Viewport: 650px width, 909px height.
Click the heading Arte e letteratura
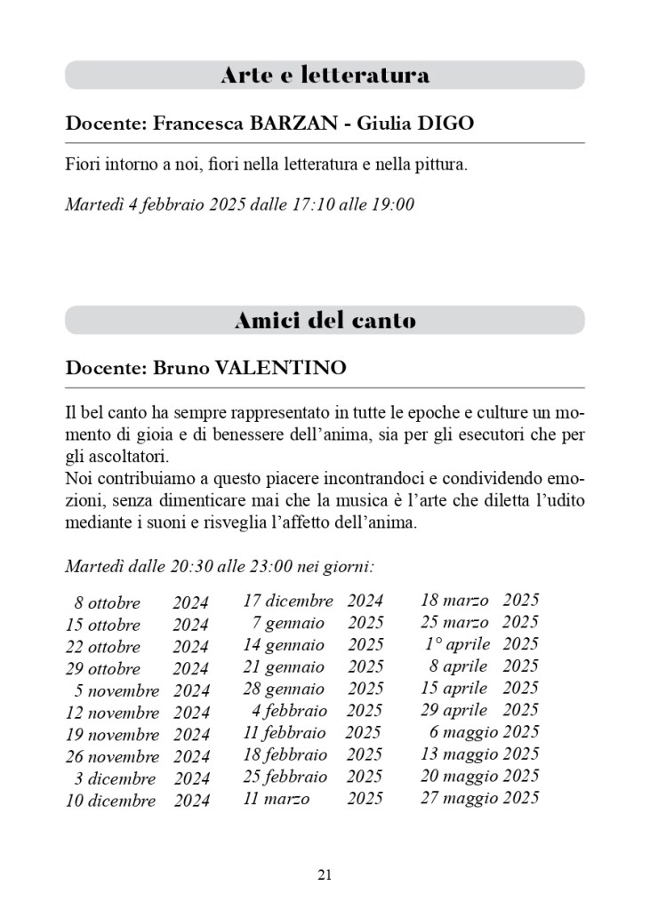(x=325, y=76)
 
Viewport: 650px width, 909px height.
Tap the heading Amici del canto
(x=325, y=321)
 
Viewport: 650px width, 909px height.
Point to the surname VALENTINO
(x=281, y=368)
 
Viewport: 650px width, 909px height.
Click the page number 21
(x=325, y=875)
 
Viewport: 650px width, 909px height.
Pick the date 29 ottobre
(x=103, y=669)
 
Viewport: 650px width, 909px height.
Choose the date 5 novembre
(x=116, y=691)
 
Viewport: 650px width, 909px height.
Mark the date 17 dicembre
(x=288, y=602)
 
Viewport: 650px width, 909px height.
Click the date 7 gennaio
(x=288, y=624)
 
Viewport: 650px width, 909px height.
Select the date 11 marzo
(x=277, y=799)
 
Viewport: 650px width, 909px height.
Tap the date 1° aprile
(x=457, y=644)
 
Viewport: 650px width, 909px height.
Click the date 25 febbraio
(x=285, y=777)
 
